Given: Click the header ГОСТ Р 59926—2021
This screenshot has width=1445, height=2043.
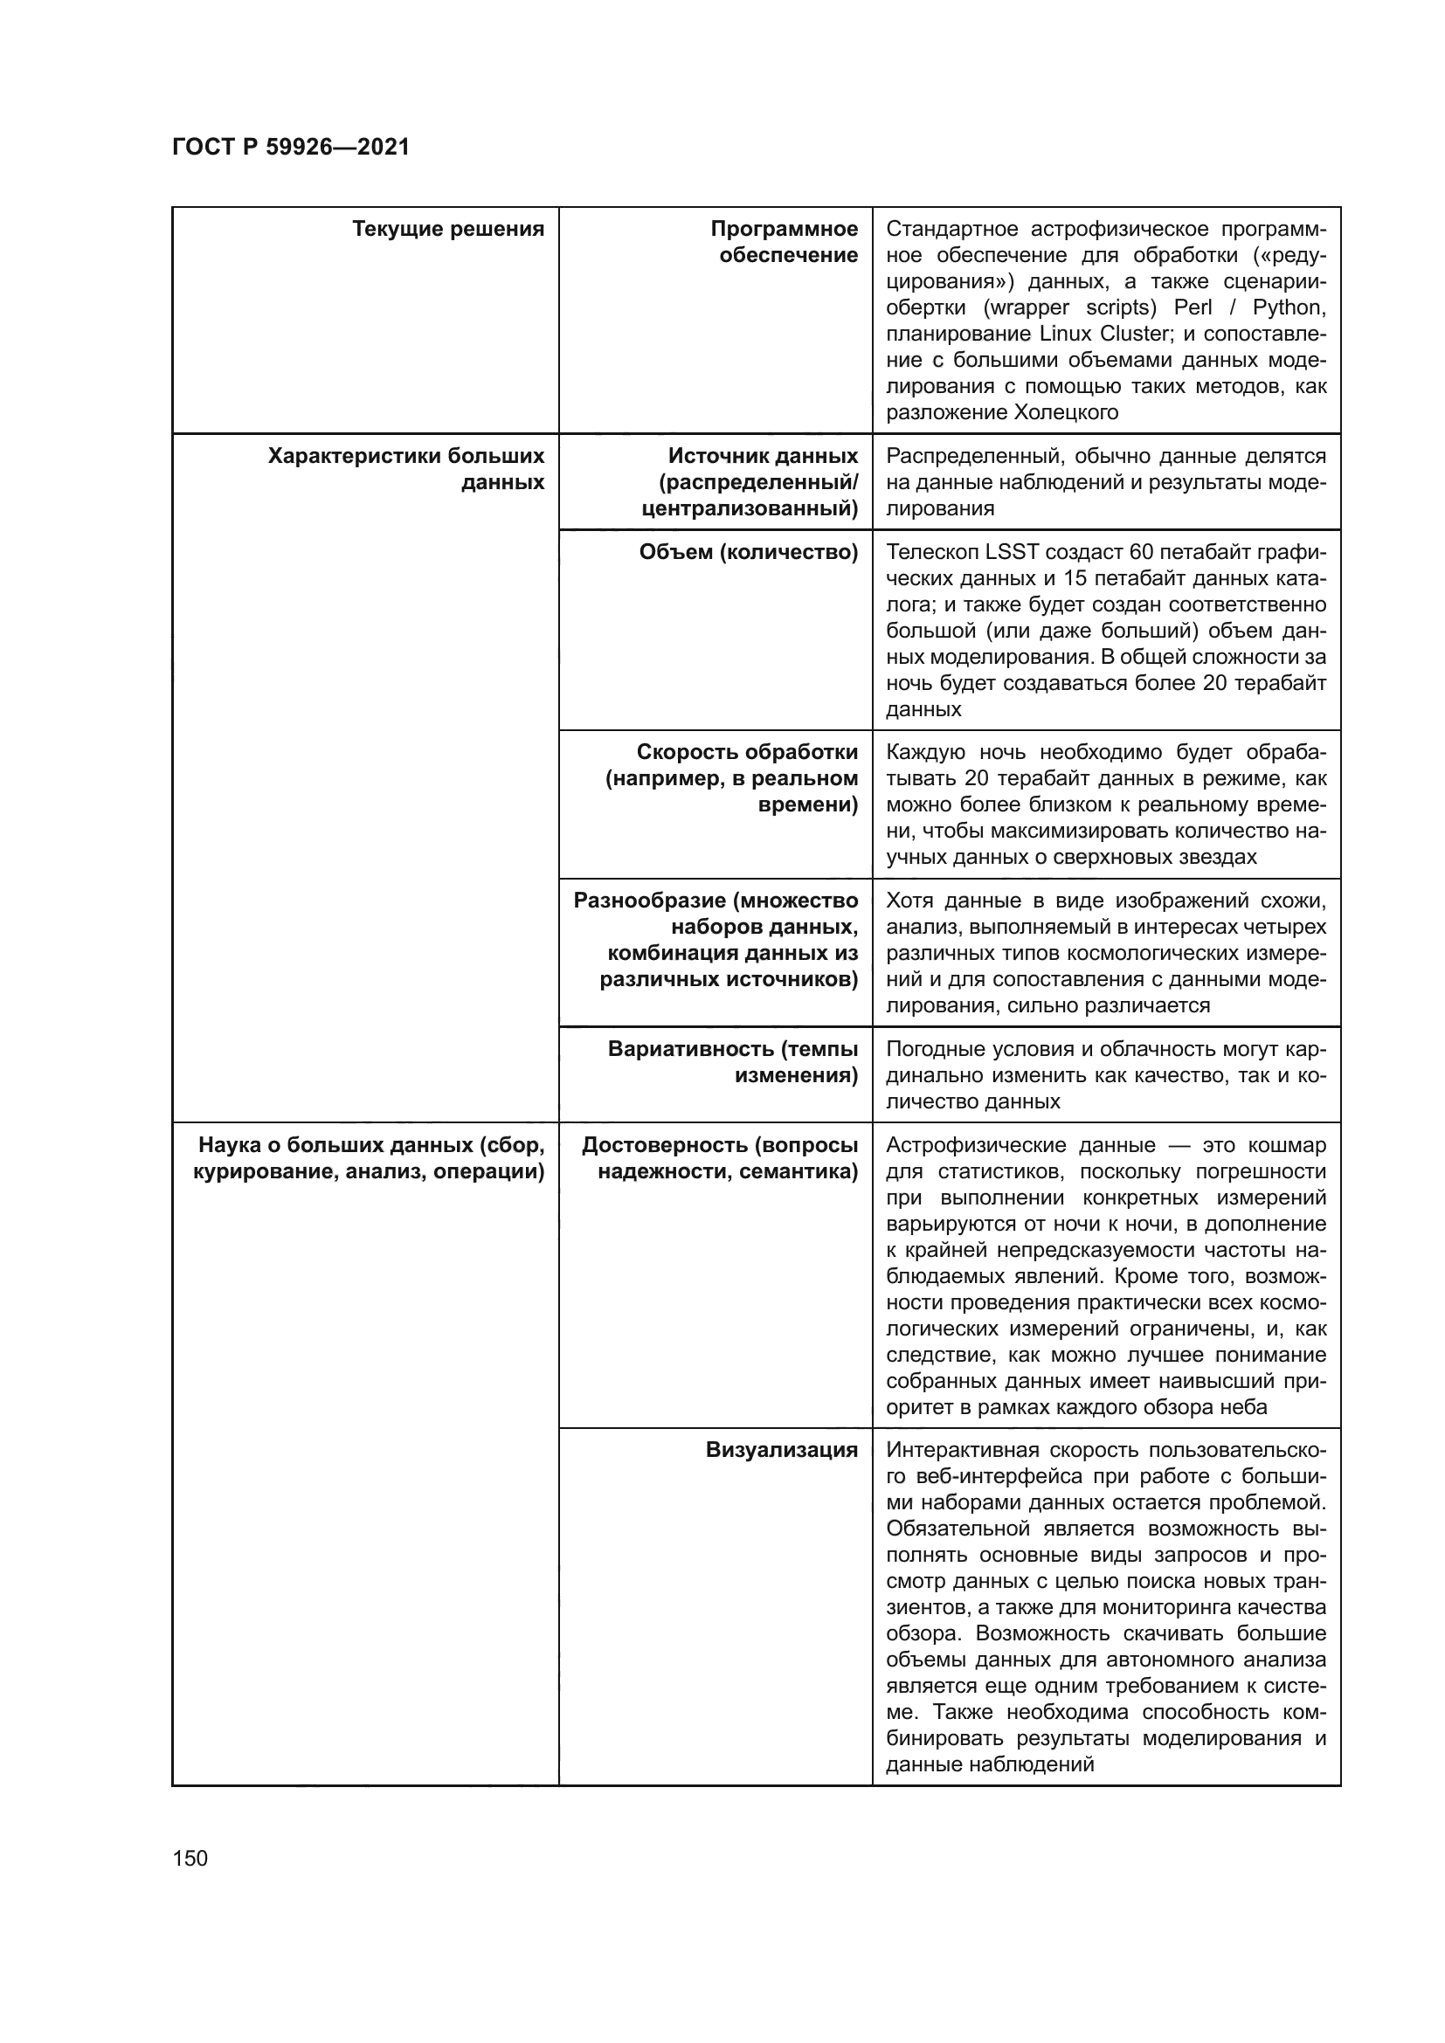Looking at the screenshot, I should click(291, 147).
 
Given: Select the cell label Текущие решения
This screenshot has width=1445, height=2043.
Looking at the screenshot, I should click(447, 230).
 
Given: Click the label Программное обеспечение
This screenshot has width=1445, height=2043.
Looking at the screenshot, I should click(785, 242).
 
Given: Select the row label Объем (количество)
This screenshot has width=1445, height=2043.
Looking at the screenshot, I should click(749, 553).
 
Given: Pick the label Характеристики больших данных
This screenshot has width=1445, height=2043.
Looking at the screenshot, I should click(406, 469).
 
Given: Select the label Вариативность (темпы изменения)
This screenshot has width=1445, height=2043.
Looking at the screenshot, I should click(733, 1062).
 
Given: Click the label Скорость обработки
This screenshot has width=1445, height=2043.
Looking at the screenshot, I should click(748, 752).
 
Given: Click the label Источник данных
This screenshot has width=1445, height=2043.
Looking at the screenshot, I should click(763, 457).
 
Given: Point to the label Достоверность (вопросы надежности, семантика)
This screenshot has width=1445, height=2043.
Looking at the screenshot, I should click(721, 1157).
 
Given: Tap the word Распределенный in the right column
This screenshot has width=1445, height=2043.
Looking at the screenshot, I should click(965, 457).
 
